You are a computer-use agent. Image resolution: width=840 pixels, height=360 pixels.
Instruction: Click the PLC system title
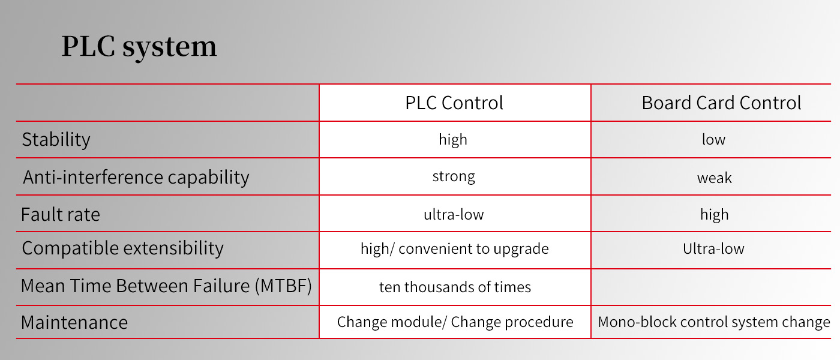[139, 47]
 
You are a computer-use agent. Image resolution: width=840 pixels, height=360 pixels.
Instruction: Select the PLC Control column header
[454, 103]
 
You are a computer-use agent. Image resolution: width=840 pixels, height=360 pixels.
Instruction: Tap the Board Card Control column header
[721, 103]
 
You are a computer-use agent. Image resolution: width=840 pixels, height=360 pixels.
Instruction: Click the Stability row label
[56, 140]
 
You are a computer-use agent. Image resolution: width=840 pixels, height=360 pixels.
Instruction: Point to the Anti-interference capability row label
[136, 178]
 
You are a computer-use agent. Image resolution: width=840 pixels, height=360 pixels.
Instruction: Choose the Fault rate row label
[61, 215]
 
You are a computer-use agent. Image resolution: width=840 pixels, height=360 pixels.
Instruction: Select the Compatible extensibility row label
[122, 248]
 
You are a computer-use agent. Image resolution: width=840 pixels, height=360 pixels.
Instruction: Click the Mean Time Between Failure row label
[166, 286]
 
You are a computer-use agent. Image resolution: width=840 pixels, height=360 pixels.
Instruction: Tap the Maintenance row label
[74, 323]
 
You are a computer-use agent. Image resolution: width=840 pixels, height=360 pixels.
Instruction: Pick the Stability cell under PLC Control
[453, 140]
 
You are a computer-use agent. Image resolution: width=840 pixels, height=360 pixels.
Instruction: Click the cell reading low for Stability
[713, 139]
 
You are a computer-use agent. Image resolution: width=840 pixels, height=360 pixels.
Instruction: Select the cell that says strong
[454, 176]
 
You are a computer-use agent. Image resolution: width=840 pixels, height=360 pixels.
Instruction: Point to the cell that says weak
[715, 178]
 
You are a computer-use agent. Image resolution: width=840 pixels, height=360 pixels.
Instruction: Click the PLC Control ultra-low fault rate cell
[454, 215]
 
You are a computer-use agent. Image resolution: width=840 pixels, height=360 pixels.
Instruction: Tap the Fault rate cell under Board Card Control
[715, 215]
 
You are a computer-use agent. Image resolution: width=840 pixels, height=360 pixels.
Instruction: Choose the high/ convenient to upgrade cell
[455, 249]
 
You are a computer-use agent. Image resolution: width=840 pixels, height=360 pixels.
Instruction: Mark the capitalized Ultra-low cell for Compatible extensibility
[713, 248]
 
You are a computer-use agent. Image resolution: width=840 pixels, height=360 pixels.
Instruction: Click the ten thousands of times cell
[455, 287]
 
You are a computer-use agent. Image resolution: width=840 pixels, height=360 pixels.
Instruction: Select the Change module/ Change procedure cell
[455, 322]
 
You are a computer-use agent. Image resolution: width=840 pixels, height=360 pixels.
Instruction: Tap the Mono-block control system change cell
[714, 322]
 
